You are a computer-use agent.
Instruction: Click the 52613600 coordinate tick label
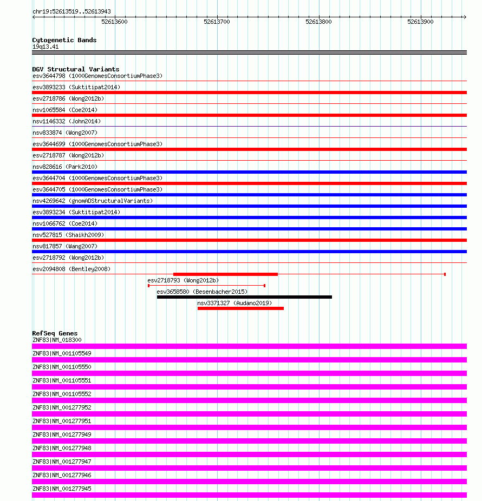114,22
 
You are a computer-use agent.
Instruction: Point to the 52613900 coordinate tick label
420,22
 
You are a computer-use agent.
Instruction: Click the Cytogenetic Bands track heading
64,40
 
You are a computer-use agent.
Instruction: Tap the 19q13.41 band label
45,47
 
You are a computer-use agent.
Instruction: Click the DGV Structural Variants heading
75,69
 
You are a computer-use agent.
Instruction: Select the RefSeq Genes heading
55,333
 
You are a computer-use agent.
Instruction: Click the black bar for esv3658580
244,297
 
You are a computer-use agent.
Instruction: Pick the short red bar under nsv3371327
240,308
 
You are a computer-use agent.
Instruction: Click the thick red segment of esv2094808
225,274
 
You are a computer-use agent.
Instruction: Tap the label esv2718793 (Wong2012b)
183,280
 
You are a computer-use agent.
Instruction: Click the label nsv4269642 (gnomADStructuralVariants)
93,201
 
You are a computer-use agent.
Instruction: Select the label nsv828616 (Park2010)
65,167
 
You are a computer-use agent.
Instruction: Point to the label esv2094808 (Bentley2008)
71,269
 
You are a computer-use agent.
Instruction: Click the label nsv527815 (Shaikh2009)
68,235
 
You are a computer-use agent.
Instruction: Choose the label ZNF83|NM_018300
57,340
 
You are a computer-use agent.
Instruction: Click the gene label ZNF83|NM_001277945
62,489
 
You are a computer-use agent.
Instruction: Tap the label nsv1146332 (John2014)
67,121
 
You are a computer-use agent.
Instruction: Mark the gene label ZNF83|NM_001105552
62,394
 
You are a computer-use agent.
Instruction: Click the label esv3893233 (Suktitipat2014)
76,87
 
